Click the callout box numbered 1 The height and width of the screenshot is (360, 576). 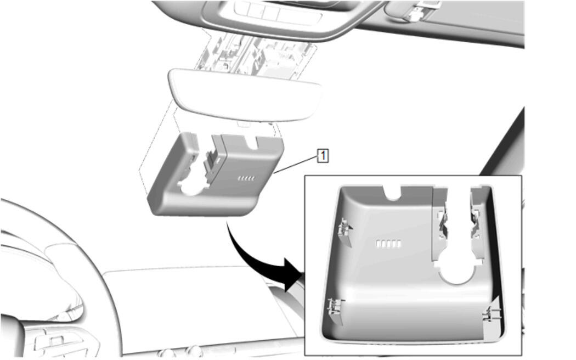click(323, 156)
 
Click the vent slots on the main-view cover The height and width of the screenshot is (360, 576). click(246, 178)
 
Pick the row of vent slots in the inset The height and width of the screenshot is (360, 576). click(388, 244)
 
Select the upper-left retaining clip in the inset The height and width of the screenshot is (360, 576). click(344, 232)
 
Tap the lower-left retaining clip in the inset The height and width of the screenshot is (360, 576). click(335, 311)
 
